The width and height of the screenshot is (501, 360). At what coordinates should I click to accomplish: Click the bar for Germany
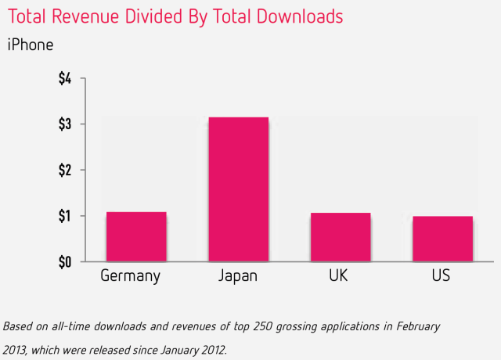pos(136,236)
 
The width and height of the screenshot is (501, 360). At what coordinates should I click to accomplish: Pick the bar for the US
pos(442,238)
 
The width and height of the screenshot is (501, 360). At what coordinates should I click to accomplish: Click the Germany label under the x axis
pos(130,276)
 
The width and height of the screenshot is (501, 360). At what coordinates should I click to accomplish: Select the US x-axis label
pos(441,276)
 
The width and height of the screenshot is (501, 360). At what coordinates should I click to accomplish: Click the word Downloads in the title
pos(301,16)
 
